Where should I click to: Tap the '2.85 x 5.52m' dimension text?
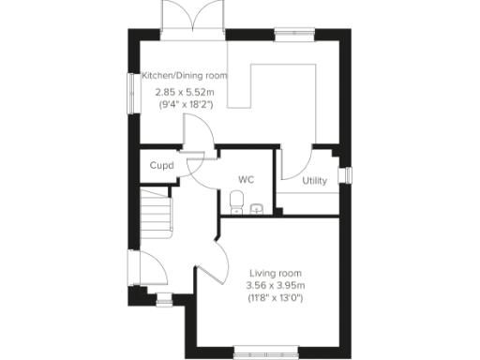tap(184, 92)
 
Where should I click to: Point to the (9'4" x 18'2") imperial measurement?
tap(184, 105)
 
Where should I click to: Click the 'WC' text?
tap(247, 177)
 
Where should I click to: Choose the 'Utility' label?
tap(314, 181)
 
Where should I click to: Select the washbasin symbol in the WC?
tap(256, 208)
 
